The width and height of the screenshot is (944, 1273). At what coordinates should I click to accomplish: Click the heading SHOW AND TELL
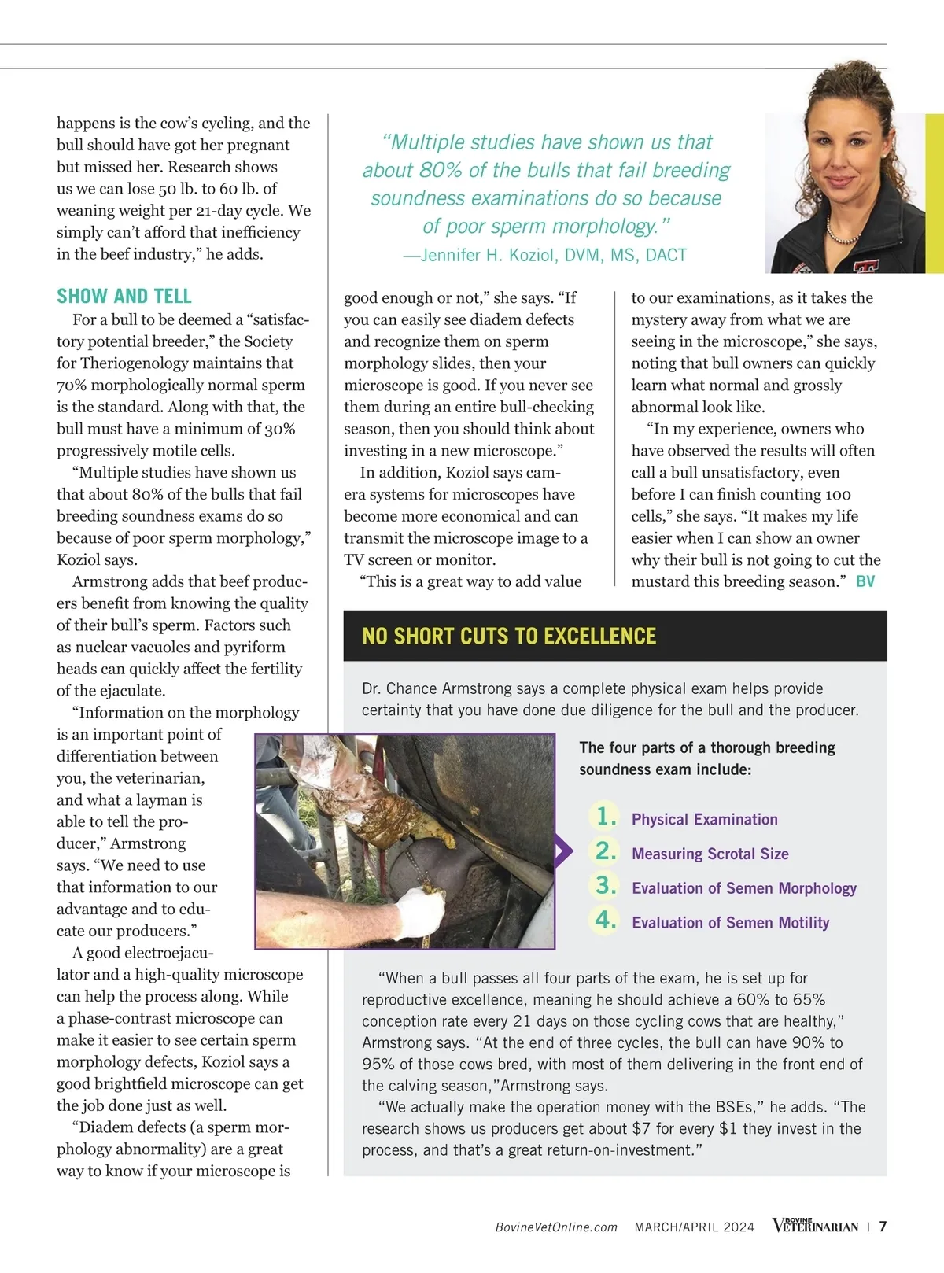pyautogui.click(x=124, y=297)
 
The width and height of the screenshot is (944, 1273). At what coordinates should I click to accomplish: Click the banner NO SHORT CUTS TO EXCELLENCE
pyautogui.click(x=509, y=636)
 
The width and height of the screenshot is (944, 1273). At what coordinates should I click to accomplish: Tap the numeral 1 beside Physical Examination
pyautogui.click(x=605, y=817)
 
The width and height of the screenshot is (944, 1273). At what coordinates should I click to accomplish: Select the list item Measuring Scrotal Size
pyautogui.click(x=710, y=854)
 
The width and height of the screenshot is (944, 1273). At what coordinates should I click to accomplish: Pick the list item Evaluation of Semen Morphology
pyautogui.click(x=743, y=888)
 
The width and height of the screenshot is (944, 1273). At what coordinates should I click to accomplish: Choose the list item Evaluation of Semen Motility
pyautogui.click(x=730, y=923)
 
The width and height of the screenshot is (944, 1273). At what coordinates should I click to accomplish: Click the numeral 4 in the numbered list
pyautogui.click(x=605, y=920)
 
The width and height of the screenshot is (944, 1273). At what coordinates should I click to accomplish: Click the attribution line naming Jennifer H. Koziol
pyautogui.click(x=545, y=255)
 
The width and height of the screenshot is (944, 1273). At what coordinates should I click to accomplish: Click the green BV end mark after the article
pyautogui.click(x=865, y=581)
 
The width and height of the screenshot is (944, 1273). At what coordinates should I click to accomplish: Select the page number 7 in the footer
pyautogui.click(x=883, y=1227)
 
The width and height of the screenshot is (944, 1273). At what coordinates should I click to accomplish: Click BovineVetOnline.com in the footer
pyautogui.click(x=556, y=1227)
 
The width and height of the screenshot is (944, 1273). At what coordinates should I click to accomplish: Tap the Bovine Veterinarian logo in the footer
pyautogui.click(x=815, y=1226)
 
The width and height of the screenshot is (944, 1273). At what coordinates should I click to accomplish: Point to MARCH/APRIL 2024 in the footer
pyautogui.click(x=695, y=1227)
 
